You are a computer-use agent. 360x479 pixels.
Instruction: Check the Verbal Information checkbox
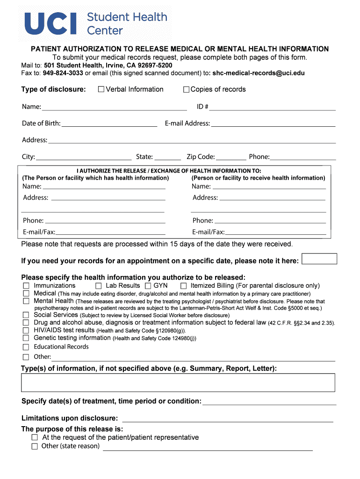(101, 89)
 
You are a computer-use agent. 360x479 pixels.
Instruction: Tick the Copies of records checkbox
(186, 89)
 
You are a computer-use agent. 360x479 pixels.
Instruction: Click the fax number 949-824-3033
(63, 73)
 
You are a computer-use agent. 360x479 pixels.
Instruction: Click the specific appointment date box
(319, 259)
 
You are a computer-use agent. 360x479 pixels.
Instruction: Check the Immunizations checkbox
(26, 286)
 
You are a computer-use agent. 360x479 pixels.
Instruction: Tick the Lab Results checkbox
(99, 286)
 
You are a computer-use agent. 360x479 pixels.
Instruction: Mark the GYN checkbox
(148, 286)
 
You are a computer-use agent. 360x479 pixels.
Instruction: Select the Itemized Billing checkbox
(184, 286)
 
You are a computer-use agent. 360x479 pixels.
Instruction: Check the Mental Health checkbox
(26, 301)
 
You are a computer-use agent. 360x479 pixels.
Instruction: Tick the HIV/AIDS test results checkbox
(26, 330)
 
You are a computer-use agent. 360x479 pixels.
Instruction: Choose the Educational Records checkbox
(26, 347)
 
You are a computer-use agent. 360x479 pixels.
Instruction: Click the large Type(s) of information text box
(178, 382)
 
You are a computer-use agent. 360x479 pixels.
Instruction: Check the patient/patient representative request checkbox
(35, 437)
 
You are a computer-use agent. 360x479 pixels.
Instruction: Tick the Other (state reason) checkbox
(35, 446)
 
